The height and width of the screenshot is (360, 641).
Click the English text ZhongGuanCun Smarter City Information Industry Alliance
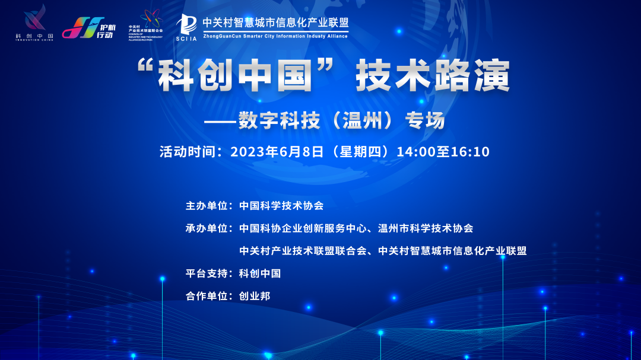coord(275,36)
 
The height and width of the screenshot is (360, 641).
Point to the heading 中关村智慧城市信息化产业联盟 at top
coord(275,22)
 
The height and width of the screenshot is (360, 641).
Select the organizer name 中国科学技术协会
coord(281,206)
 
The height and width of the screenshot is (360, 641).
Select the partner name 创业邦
coord(254,295)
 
